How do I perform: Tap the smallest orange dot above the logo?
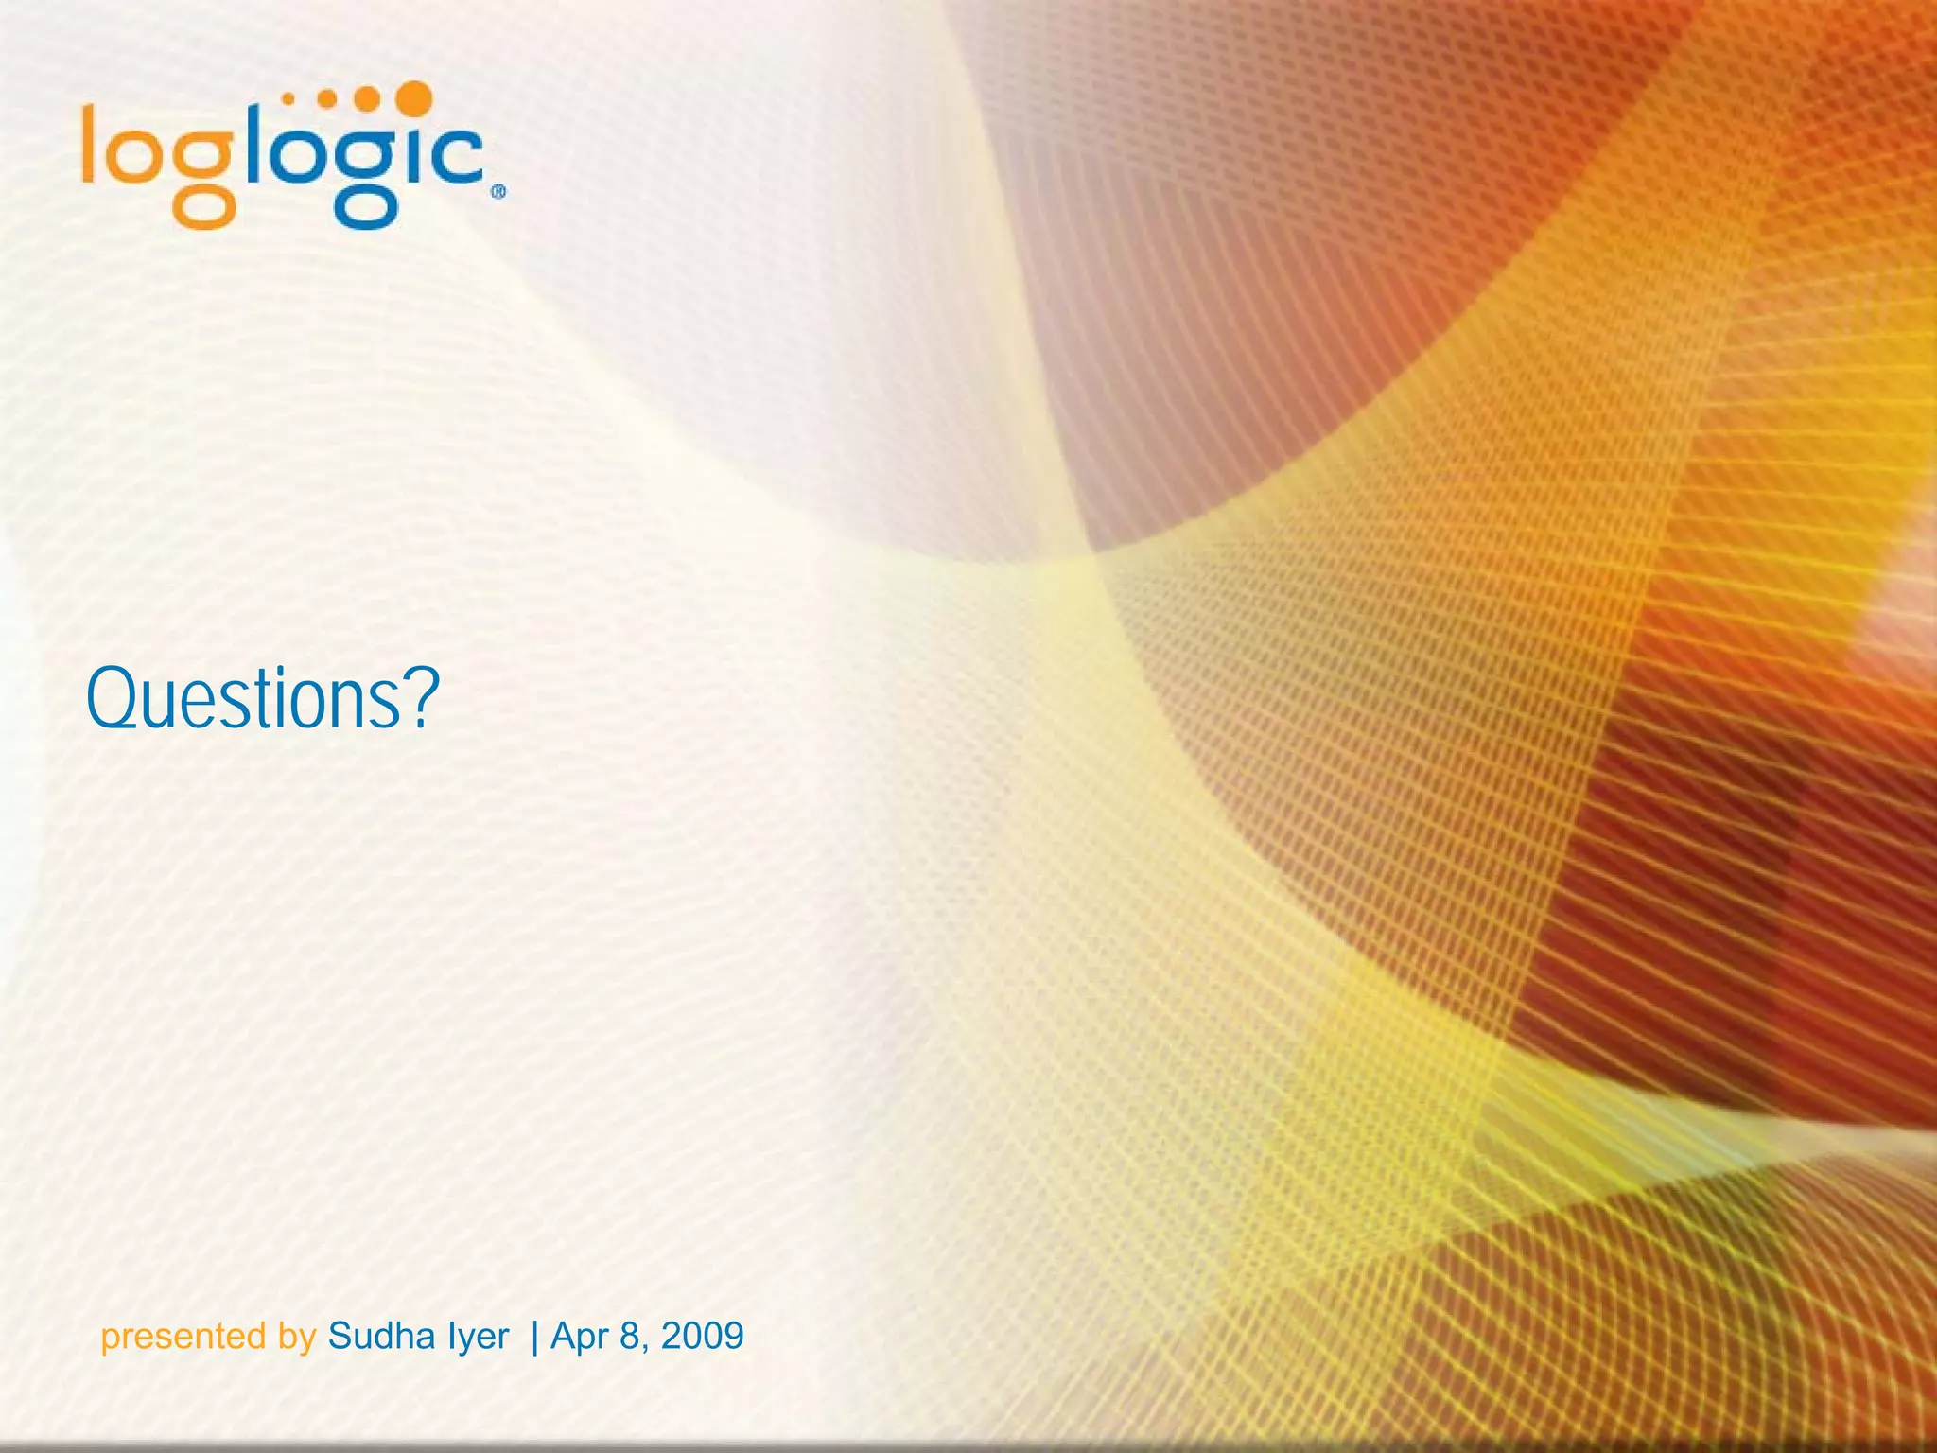point(288,97)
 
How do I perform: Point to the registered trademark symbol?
point(498,192)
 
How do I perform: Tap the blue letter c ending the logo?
point(458,156)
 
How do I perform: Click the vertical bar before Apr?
point(535,1337)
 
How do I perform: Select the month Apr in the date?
point(581,1337)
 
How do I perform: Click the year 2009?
point(703,1336)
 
